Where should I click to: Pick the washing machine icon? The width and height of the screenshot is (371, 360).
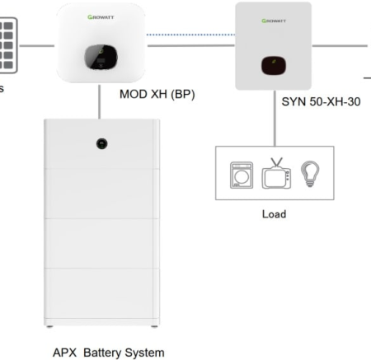pyautogui.click(x=238, y=174)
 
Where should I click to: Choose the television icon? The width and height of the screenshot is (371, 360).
pyautogui.click(x=275, y=173)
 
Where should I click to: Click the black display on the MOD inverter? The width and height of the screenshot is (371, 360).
pyautogui.click(x=100, y=58)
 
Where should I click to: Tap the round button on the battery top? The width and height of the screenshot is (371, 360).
pyautogui.click(x=101, y=143)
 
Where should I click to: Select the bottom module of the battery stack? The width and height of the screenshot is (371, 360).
pyautogui.click(x=100, y=295)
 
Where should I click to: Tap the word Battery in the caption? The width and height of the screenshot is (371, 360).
pyautogui.click(x=106, y=352)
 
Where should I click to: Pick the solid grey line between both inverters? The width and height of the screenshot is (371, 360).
pyautogui.click(x=190, y=45)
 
